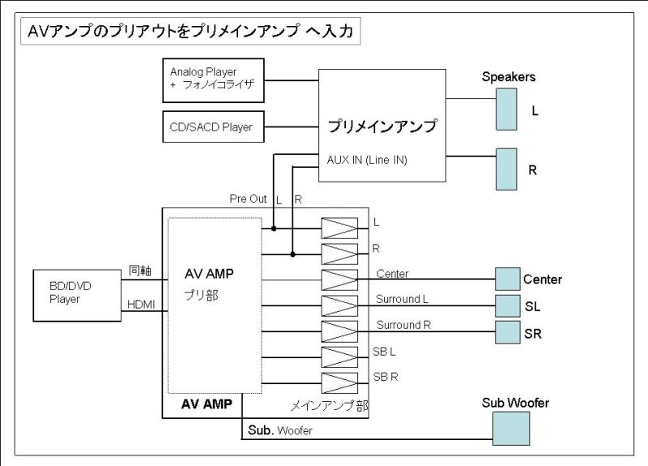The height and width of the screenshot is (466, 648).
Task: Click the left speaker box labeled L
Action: pos(506,109)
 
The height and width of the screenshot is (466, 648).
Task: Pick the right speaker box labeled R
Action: pos(506,169)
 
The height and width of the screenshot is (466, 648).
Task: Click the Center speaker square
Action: pos(507,280)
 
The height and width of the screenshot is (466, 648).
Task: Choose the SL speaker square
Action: pos(507,306)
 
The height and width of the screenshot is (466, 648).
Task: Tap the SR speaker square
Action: pos(507,332)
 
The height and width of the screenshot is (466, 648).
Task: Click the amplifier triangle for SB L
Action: pos(339,357)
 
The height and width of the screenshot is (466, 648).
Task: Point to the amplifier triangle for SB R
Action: pos(339,383)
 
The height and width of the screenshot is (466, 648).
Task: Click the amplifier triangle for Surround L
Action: pos(339,306)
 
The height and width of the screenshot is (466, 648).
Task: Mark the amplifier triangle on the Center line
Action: pos(339,280)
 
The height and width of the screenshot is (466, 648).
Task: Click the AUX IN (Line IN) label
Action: pos(367,160)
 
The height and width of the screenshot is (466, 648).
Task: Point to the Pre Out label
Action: pos(248,199)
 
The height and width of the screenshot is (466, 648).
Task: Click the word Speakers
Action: pos(509,77)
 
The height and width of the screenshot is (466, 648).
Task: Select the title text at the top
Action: pos(190,32)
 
